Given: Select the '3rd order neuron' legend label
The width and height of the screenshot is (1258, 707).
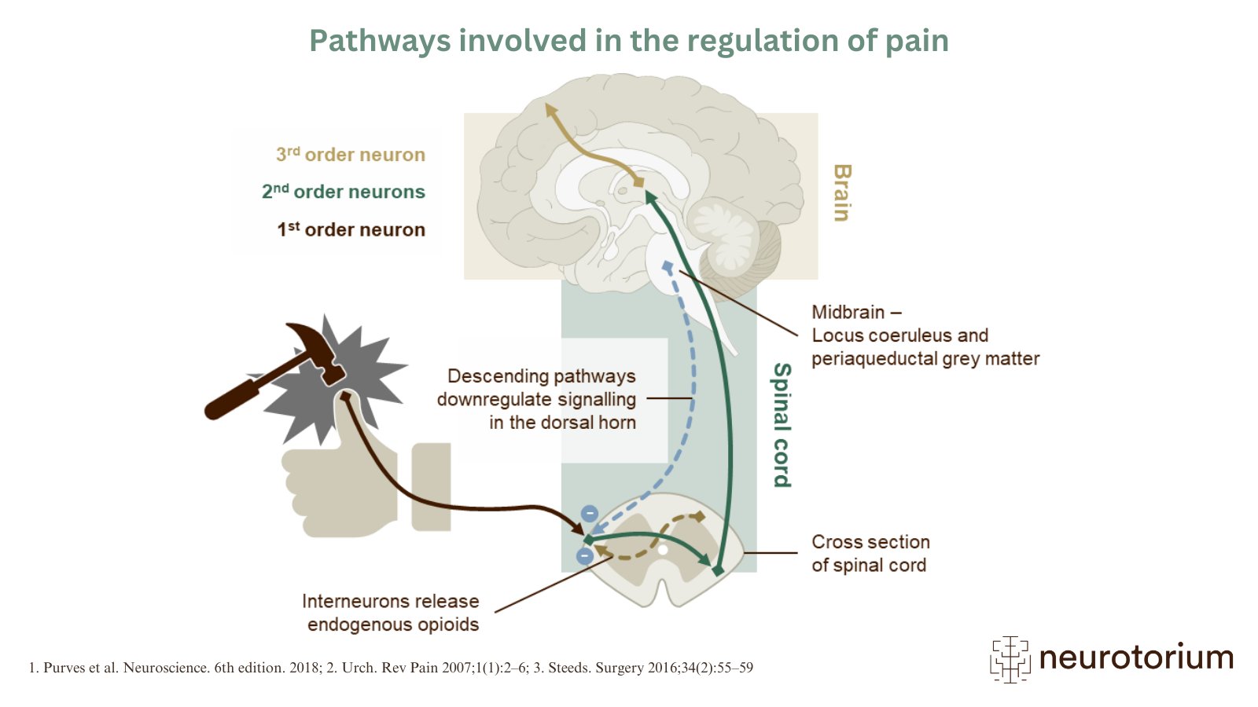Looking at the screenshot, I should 351,155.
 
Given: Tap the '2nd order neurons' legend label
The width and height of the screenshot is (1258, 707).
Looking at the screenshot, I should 344,192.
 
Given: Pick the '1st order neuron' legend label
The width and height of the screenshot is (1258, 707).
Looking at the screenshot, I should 351,229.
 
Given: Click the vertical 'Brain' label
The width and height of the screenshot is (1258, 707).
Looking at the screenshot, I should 841,192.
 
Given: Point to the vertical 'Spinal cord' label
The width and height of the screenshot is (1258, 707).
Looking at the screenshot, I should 782,424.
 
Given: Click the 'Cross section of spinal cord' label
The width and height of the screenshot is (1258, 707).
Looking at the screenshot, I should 870,553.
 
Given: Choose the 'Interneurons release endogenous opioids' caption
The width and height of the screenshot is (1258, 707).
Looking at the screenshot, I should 392,613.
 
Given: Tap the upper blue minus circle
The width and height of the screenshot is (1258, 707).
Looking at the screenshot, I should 589,514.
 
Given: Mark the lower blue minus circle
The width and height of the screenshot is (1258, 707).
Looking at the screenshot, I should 584,556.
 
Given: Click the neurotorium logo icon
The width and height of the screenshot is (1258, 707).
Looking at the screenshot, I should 1010,658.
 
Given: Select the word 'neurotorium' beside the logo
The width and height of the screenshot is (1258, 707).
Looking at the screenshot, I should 1136,658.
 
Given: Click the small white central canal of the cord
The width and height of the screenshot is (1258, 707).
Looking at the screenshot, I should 663,550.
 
